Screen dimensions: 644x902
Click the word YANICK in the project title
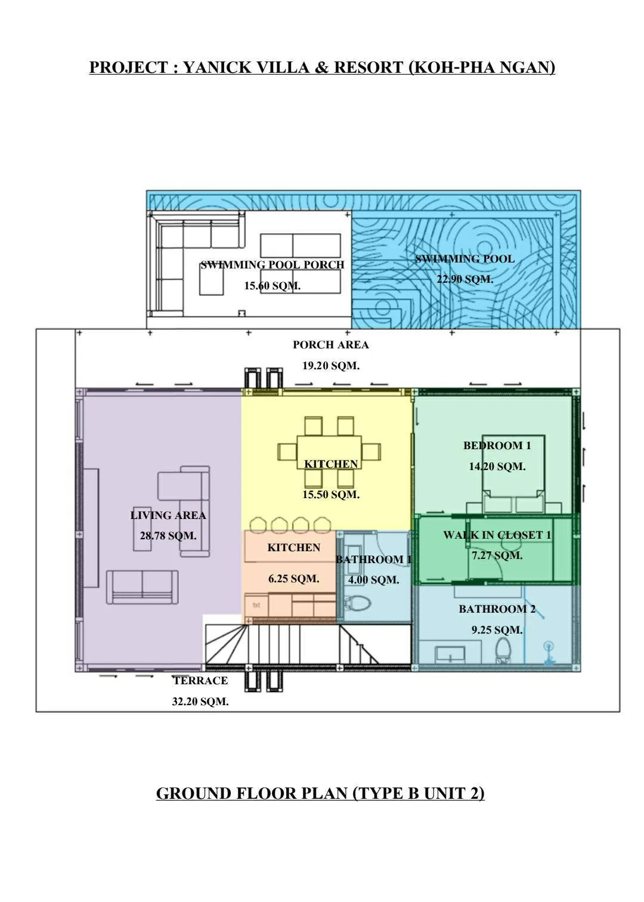pyautogui.click(x=217, y=67)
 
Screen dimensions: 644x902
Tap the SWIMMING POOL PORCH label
pyautogui.click(x=273, y=265)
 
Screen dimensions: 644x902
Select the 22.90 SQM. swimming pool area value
pyautogui.click(x=465, y=279)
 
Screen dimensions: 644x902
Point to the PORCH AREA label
pyautogui.click(x=330, y=345)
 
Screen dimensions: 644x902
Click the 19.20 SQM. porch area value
pyautogui.click(x=330, y=366)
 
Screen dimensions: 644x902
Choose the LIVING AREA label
pyautogui.click(x=168, y=515)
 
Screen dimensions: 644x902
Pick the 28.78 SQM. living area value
pyautogui.click(x=168, y=536)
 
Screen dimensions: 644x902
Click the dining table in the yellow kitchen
pyautogui.click(x=329, y=452)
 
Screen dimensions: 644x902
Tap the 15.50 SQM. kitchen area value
pyautogui.click(x=330, y=495)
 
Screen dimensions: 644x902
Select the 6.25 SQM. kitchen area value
pyautogui.click(x=293, y=579)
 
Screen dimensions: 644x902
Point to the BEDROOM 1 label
pyautogui.click(x=497, y=446)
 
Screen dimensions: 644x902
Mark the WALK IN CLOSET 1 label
pyautogui.click(x=497, y=535)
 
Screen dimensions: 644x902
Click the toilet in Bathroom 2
pyautogui.click(x=503, y=649)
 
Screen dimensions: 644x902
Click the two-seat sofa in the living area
pyautogui.click(x=142, y=586)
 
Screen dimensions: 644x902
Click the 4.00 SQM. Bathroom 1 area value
pyautogui.click(x=373, y=580)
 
